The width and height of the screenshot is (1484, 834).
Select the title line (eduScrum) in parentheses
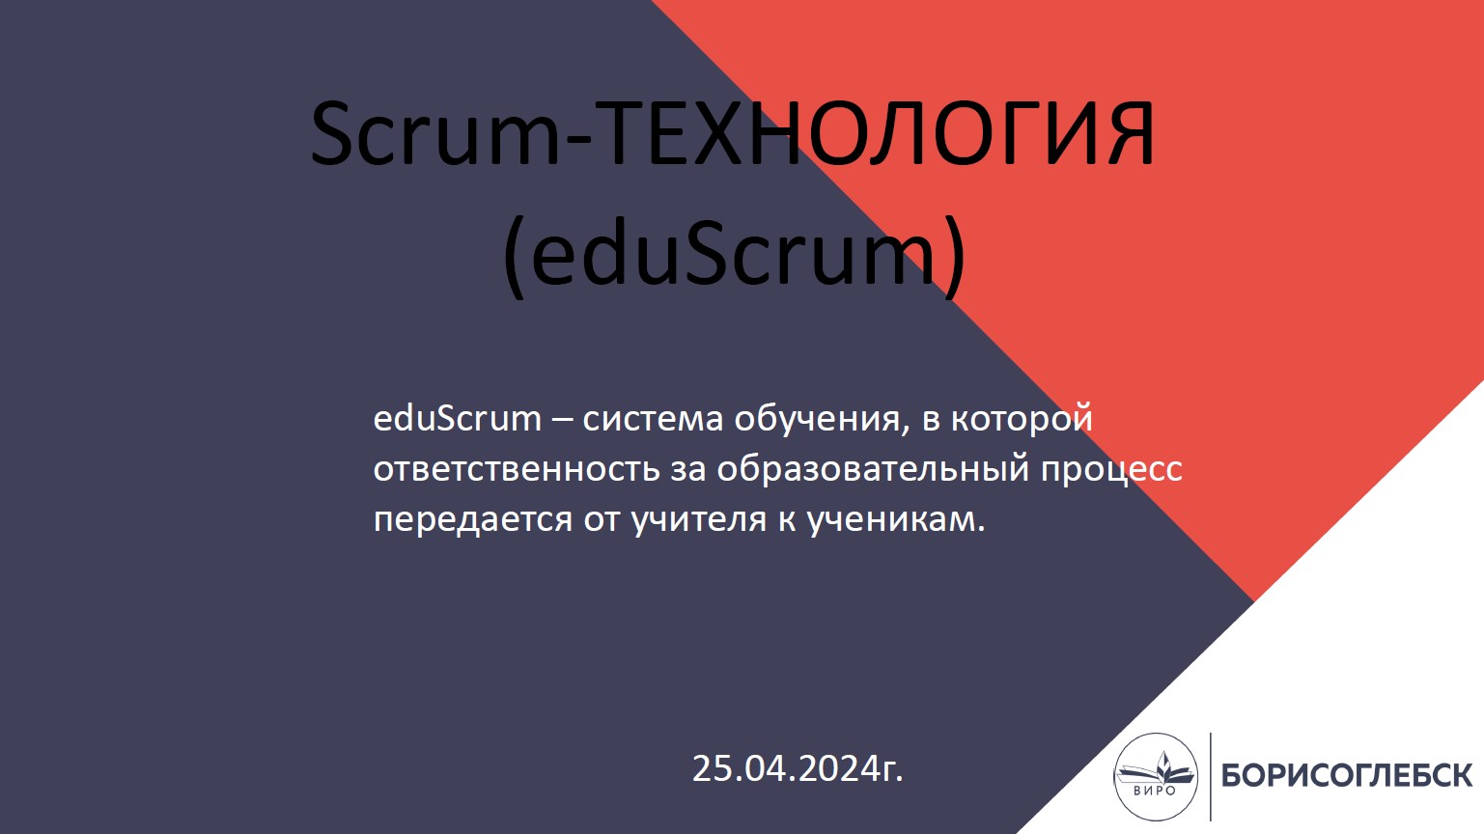(734, 255)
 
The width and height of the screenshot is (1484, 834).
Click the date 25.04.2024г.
(798, 768)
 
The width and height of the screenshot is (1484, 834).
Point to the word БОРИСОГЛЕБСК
(1347, 775)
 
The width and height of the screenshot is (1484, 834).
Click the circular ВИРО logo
(1156, 776)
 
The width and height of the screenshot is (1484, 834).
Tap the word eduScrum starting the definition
(457, 419)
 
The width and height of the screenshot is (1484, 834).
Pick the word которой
(1022, 420)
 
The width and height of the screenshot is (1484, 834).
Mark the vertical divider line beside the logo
(1211, 776)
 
